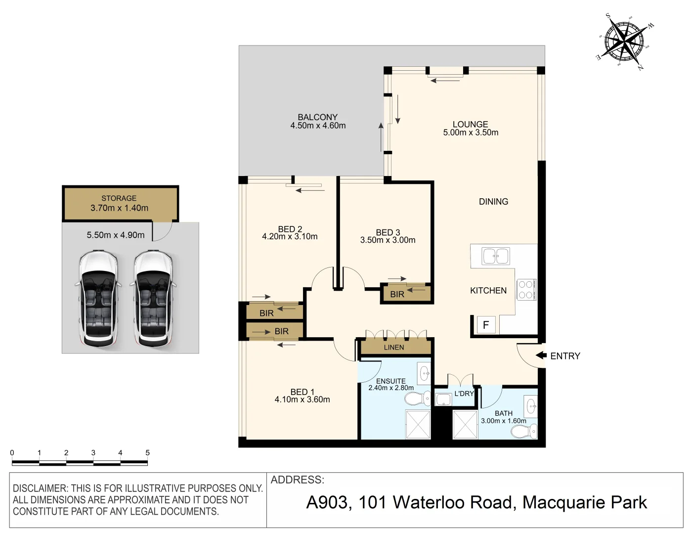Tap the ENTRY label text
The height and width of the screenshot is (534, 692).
coord(565,356)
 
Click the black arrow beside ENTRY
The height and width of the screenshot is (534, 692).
coord(541,356)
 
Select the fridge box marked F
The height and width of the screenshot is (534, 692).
coord(485,325)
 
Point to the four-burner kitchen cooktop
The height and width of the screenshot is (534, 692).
coord(526,290)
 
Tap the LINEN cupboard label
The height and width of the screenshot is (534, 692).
coord(394,348)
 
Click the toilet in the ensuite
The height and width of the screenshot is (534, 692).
coord(421,397)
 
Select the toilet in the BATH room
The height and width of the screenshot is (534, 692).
coord(524,432)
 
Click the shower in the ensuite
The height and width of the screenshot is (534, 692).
coord(418,424)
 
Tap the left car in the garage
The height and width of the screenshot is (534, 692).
coord(98,299)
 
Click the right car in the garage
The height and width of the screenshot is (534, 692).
coord(152,299)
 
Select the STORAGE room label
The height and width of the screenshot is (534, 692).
coord(119,198)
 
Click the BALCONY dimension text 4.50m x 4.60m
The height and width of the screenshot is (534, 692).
coord(318,126)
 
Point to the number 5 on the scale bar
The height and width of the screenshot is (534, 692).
coord(147,452)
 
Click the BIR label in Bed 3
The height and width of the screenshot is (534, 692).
coord(397,294)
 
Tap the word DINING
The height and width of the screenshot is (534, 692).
coord(493,202)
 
